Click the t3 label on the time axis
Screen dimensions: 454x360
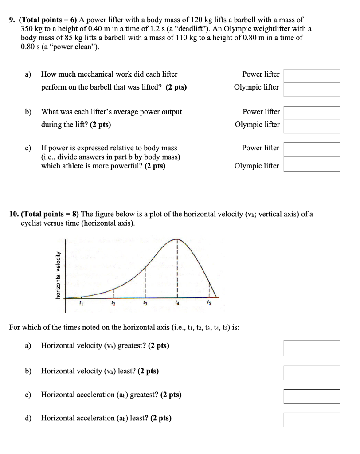coord(145,303)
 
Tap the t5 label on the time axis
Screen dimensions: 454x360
coord(209,303)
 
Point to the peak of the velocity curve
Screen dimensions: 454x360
coord(177,239)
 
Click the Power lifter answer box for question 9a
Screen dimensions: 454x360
coord(312,75)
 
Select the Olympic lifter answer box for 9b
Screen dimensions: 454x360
coord(312,126)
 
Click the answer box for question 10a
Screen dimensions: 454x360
coord(312,348)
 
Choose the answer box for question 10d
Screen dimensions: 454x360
coord(312,419)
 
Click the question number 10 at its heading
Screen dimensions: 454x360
coord(13,214)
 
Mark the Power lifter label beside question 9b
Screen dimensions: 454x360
coord(261,112)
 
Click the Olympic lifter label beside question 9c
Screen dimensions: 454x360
coord(257,166)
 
